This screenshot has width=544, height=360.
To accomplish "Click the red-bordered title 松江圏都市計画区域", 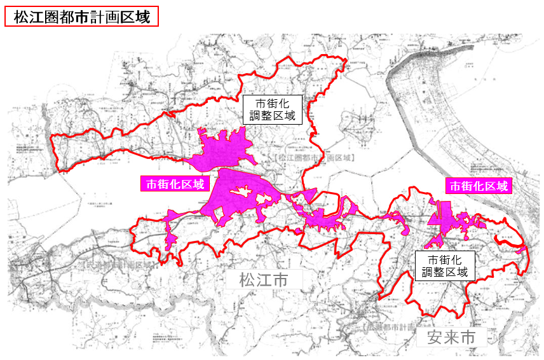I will coord(81,17).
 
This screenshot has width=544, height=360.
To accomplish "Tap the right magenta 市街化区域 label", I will coord(479,186).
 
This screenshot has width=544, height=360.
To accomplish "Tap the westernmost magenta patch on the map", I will coord(170,239).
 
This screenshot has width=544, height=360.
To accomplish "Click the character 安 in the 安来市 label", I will coord(435,336).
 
